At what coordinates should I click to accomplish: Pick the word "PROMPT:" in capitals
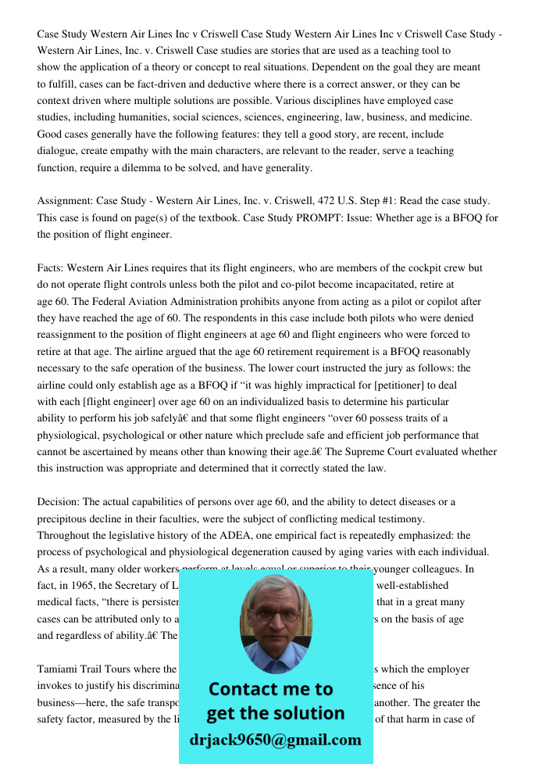tap(316, 218)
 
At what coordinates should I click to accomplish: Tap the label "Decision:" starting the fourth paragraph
tap(59, 502)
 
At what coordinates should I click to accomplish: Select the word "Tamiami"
tap(59, 669)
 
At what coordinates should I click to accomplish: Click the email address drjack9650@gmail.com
tap(276, 740)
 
